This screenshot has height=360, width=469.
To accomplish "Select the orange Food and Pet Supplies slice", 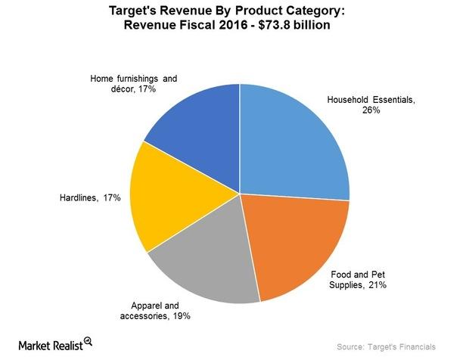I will (x=295, y=242).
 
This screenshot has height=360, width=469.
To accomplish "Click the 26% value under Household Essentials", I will (x=370, y=110).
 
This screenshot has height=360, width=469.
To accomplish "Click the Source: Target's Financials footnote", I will (x=387, y=346).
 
